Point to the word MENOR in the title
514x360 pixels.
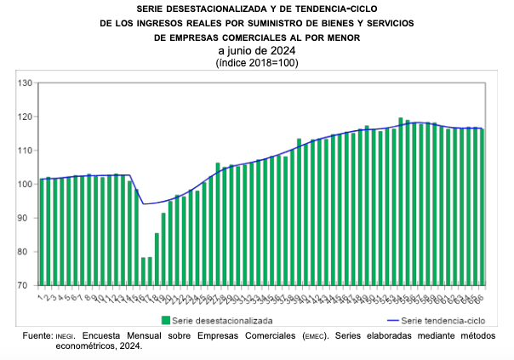(341, 38)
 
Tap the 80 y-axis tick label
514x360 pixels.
(26, 252)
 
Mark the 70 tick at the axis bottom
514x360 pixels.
(26, 285)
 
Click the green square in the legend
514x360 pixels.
(166, 321)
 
